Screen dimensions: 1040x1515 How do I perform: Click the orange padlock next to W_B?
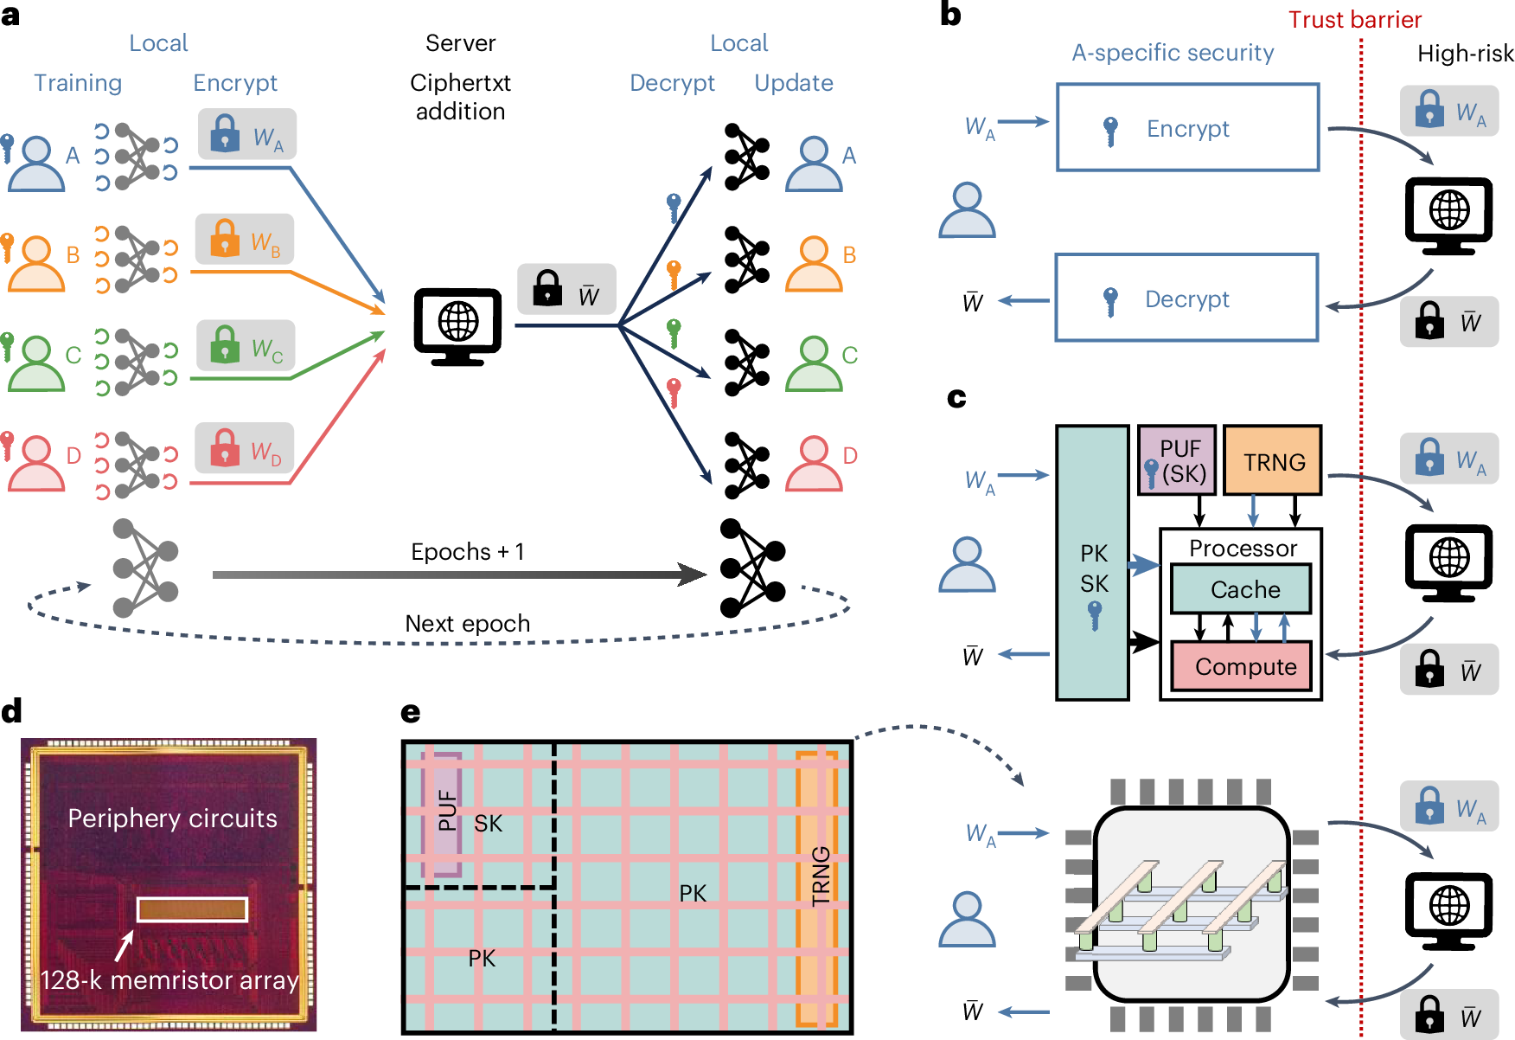click(225, 238)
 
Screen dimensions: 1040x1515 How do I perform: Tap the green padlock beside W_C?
click(226, 343)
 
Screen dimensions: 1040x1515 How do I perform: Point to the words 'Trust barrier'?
click(1354, 20)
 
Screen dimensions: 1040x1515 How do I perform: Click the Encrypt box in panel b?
click(1187, 128)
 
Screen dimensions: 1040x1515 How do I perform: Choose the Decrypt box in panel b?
click(1186, 299)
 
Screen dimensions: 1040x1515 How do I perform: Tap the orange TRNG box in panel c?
click(1273, 461)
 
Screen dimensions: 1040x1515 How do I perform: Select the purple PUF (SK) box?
click(1177, 461)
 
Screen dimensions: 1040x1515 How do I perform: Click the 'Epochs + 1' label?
click(467, 552)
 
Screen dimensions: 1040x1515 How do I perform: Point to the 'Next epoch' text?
click(467, 624)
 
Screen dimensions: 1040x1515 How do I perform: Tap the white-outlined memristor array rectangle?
click(192, 909)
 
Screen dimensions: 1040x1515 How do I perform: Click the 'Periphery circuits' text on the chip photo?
click(172, 819)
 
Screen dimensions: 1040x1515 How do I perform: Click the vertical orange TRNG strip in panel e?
click(817, 887)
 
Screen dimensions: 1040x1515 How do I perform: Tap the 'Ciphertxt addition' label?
click(460, 97)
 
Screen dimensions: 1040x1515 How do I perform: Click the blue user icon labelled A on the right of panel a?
click(813, 164)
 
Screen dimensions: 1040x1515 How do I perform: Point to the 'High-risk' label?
click(1465, 54)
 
